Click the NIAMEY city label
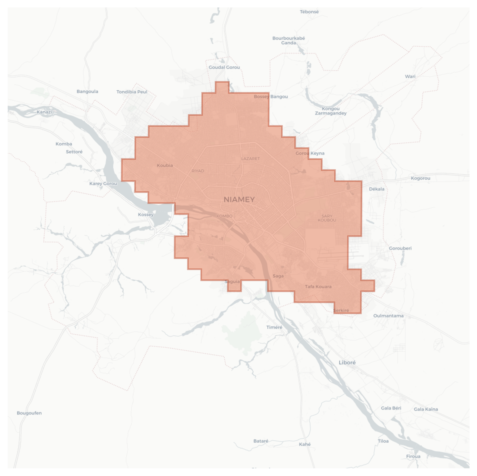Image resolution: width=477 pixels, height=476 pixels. pyautogui.click(x=239, y=199)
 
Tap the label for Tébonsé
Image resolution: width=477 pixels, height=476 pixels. pyautogui.click(x=309, y=12)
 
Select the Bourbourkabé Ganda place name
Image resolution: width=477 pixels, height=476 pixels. pyautogui.click(x=289, y=40)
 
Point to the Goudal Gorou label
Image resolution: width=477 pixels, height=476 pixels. pyautogui.click(x=224, y=67)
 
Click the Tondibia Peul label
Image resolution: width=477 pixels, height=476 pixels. pyautogui.click(x=132, y=92)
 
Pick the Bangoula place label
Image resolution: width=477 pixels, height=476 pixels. pyautogui.click(x=87, y=91)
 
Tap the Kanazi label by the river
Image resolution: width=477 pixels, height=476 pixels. pyautogui.click(x=44, y=112)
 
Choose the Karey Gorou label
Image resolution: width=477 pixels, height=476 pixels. pyautogui.click(x=103, y=184)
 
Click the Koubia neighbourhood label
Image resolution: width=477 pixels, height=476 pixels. pyautogui.click(x=165, y=165)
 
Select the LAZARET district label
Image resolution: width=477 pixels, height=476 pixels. pyautogui.click(x=250, y=159)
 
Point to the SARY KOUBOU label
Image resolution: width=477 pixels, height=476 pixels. pyautogui.click(x=327, y=218)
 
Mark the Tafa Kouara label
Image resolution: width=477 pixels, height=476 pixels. pyautogui.click(x=318, y=287)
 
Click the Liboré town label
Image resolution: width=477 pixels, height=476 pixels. pyautogui.click(x=347, y=363)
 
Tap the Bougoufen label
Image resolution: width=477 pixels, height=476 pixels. pyautogui.click(x=29, y=413)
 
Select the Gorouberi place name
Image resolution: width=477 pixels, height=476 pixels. pyautogui.click(x=400, y=248)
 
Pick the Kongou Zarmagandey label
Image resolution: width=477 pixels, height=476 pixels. pyautogui.click(x=331, y=111)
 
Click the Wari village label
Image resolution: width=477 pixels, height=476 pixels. pyautogui.click(x=410, y=76)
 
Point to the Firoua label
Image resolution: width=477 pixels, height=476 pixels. pyautogui.click(x=413, y=456)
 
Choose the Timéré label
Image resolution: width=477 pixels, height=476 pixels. pyautogui.click(x=274, y=327)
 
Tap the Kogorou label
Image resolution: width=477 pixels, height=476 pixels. pyautogui.click(x=421, y=178)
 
